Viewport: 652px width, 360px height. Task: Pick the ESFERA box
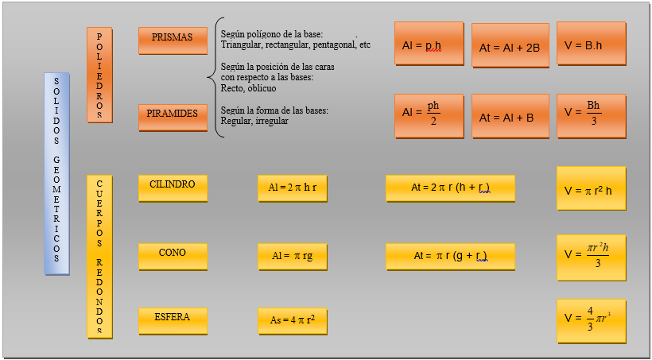(x=173, y=319)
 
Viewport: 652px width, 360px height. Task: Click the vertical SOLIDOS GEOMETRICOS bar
(x=56, y=173)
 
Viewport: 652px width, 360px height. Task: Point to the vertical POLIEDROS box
(x=99, y=75)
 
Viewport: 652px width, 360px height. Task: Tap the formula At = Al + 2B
(x=510, y=48)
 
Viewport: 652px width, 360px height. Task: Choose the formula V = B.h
(x=591, y=45)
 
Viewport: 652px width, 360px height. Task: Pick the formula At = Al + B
(x=510, y=117)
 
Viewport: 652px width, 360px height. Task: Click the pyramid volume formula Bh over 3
(x=591, y=115)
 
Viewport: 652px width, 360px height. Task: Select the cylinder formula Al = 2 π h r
(x=292, y=188)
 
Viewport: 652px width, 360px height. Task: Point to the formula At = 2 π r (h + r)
(x=450, y=188)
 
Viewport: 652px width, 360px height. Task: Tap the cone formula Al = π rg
(x=292, y=256)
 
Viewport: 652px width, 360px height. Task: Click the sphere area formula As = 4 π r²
(x=292, y=320)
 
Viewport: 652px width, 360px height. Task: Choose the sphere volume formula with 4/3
(x=591, y=320)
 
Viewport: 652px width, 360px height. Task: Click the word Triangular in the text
(x=242, y=45)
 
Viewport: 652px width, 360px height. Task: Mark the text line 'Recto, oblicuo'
(x=248, y=88)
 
